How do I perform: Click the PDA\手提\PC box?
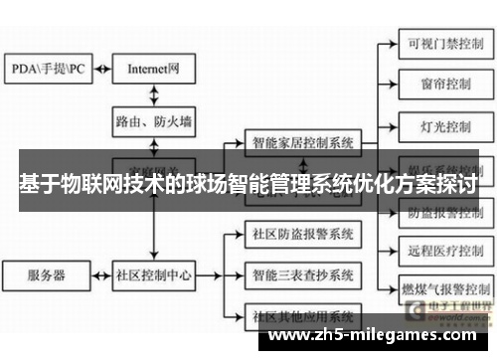49,69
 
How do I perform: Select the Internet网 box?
153,69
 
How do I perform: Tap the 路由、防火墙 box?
153,122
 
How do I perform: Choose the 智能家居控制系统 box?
303,141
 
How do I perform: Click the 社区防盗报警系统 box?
303,236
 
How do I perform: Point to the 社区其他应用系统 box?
303,315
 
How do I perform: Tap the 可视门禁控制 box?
438,43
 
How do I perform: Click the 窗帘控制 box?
438,86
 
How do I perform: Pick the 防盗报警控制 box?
438,212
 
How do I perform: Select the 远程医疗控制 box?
438,252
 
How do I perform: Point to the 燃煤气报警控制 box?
438,294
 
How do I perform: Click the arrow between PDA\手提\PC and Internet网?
100,69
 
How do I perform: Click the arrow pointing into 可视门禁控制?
388,43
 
